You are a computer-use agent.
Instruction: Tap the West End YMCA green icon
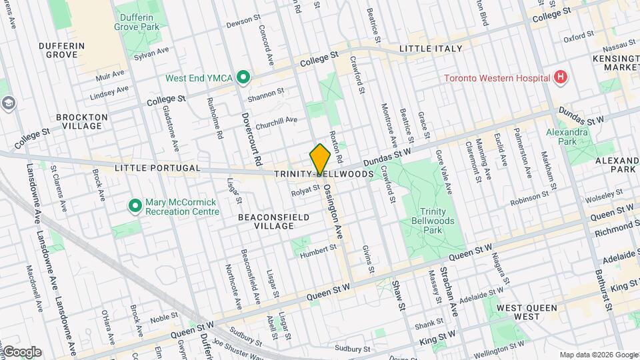pos(243,78)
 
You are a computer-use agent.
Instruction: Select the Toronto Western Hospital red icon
pos(561,78)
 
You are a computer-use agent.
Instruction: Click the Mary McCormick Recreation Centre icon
pos(135,206)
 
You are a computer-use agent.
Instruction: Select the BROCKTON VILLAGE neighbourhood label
pos(82,122)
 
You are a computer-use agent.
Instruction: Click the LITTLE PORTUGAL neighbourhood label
pos(157,168)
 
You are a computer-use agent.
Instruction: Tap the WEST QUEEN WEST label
pos(517,311)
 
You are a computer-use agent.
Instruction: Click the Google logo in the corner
pos(21,351)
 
